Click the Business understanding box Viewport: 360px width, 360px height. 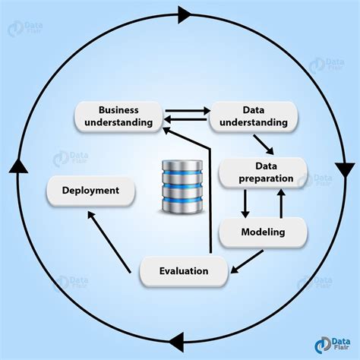click(118, 115)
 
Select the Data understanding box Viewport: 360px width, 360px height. click(254, 115)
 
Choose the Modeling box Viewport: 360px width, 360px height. click(263, 232)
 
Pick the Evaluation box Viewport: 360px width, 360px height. click(184, 271)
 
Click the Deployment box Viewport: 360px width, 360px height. click(90, 191)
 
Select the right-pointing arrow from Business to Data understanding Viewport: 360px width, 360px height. click(186, 109)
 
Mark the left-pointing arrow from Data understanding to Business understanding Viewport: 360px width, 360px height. click(186, 120)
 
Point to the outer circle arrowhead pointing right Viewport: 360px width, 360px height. click(185, 13)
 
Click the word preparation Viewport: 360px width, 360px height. click(263, 178)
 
